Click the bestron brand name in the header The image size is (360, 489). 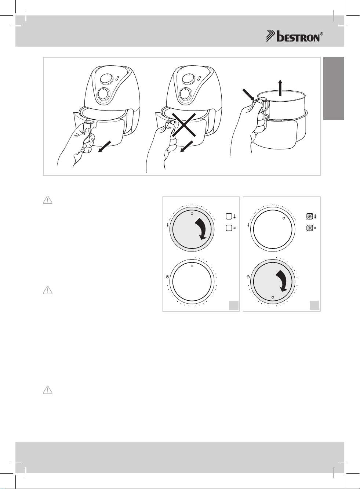298,37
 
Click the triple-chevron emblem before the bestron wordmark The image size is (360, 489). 271,36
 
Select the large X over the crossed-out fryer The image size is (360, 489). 183,124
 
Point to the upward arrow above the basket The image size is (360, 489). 280,87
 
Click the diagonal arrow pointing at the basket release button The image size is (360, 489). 249,95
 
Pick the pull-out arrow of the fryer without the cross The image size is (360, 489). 105,147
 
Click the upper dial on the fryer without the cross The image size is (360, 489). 107,79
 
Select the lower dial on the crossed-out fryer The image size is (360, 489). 186,94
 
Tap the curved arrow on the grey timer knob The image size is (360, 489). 283,281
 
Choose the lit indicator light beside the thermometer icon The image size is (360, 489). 310,217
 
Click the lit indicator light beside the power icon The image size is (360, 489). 310,228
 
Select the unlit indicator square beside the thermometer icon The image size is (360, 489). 229,216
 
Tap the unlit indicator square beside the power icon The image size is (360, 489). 229,228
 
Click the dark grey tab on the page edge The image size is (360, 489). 334,88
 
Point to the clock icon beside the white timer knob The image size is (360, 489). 167,277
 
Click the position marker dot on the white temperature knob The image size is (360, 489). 284,218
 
